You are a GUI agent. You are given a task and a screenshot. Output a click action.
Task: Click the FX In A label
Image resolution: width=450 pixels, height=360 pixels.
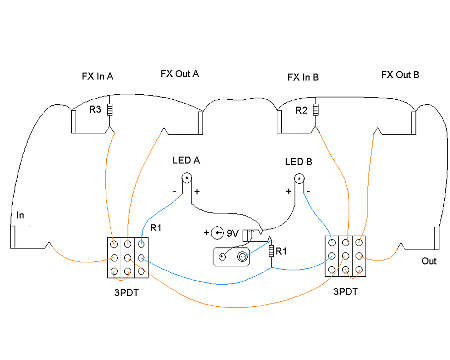tap(97, 76)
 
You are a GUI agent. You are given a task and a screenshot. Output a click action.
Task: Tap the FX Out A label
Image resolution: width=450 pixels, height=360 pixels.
tap(180, 74)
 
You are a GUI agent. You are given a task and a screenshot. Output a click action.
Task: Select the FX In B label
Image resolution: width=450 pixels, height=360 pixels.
tap(303, 77)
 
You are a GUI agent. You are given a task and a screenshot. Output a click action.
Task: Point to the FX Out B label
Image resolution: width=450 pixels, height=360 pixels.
tap(400, 75)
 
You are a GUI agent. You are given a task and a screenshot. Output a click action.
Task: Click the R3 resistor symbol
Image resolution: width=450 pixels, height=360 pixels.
tap(109, 110)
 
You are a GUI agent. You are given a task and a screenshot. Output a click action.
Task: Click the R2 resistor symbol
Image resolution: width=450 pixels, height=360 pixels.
tap(316, 110)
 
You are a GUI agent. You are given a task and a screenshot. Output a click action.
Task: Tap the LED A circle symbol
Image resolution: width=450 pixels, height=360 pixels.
tap(187, 178)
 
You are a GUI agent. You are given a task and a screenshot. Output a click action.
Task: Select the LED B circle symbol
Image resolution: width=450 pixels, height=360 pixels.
tap(299, 179)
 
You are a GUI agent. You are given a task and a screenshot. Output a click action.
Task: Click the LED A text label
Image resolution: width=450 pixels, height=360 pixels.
tap(186, 161)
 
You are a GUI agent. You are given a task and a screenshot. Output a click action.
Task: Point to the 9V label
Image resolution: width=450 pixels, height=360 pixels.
tap(232, 233)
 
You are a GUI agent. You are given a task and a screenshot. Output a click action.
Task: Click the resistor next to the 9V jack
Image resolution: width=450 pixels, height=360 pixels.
tap(271, 251)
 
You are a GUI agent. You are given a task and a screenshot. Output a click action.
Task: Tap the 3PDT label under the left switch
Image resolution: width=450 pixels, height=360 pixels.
tap(127, 293)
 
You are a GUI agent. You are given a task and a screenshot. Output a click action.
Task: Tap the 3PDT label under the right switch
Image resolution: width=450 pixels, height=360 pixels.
tap(346, 292)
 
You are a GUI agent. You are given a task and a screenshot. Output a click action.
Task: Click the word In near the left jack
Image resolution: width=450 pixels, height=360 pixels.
tap(20, 215)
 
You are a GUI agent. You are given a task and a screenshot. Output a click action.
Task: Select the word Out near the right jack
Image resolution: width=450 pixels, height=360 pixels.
tap(429, 261)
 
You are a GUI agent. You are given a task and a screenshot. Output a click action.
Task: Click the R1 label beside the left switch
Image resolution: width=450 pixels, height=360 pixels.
tap(156, 228)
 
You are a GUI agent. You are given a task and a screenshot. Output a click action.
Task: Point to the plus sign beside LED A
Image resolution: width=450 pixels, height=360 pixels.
tap(197, 191)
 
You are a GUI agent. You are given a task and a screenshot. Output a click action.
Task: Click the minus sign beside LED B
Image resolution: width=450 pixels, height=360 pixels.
tap(309, 191)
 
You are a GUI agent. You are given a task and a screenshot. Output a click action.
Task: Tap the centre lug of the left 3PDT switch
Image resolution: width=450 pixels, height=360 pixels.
tap(128, 258)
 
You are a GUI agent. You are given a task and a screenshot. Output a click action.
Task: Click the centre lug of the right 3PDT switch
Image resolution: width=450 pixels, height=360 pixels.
tap(345, 256)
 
